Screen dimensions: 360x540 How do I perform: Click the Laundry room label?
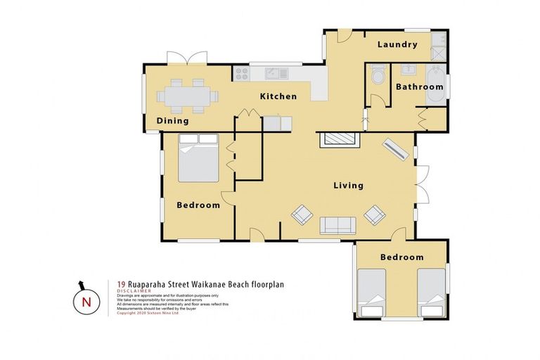397,44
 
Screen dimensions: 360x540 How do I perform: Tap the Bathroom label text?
419,87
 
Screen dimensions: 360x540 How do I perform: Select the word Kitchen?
278,96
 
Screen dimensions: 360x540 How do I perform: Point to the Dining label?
172,121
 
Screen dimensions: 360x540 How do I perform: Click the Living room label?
348,186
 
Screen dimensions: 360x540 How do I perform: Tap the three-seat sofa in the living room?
338,225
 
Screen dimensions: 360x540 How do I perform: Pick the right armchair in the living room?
374,214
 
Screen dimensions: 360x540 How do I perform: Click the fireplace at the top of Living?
340,139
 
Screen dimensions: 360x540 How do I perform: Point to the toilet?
378,74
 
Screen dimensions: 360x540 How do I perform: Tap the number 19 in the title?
122,285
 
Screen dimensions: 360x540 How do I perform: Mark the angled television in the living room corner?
395,150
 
